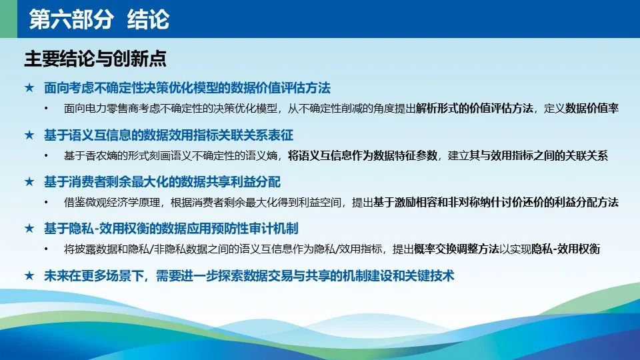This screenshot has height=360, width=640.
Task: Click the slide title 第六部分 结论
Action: [x=99, y=19]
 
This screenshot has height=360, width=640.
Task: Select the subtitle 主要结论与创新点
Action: [x=95, y=59]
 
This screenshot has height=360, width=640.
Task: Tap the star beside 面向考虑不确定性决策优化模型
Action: [x=29, y=87]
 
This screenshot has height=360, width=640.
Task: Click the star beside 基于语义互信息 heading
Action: [x=29, y=135]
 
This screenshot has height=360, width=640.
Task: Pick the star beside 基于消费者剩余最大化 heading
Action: [x=29, y=181]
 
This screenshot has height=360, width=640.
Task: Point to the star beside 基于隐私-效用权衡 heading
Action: [x=29, y=228]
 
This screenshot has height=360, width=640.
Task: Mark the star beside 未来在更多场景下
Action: [x=29, y=275]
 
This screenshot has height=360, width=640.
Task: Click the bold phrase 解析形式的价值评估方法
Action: [x=475, y=108]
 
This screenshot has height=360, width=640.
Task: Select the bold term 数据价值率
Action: [x=592, y=108]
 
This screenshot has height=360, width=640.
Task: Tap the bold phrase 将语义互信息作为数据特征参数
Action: [x=363, y=155]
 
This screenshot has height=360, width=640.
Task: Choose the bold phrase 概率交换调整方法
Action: [x=456, y=249]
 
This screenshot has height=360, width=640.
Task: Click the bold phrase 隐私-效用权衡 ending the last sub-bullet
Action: [x=566, y=249]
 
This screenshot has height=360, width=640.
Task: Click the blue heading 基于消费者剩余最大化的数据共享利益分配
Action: [x=163, y=181]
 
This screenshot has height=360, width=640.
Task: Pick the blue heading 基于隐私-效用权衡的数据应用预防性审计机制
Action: [x=171, y=229]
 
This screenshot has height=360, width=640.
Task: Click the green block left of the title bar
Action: [x=9, y=19]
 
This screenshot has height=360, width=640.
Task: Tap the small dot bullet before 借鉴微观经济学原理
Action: [x=46, y=203]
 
